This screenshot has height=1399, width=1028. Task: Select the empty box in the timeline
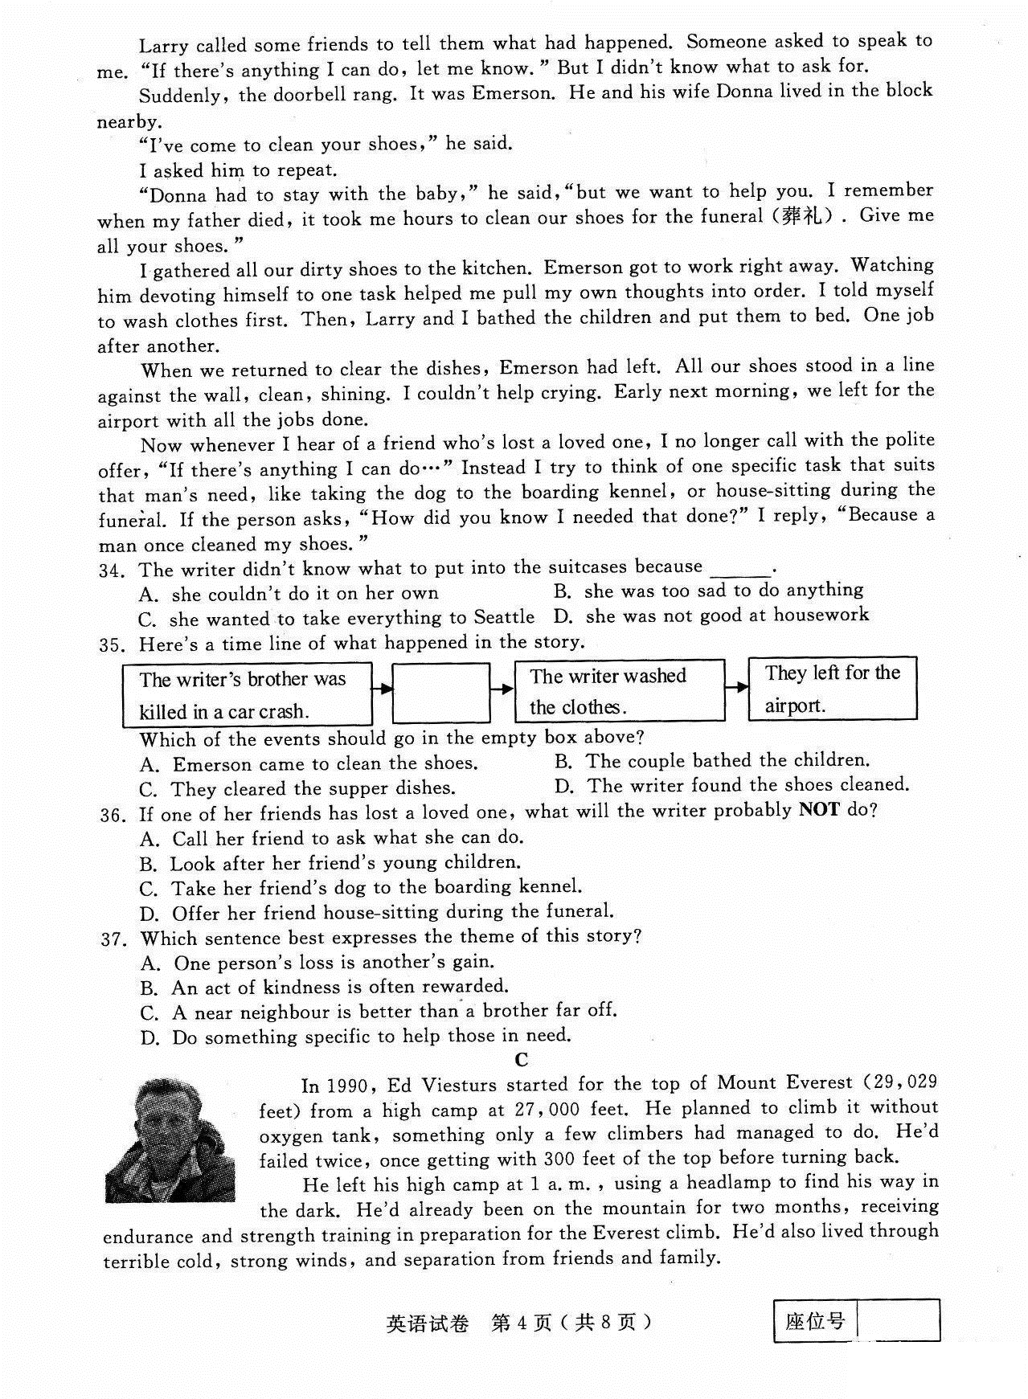click(x=441, y=692)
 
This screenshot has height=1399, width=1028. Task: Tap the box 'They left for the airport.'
click(x=832, y=688)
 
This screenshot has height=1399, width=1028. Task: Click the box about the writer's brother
click(x=247, y=694)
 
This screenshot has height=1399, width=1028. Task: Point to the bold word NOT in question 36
click(x=819, y=810)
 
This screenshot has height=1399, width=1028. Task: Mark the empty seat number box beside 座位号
click(x=898, y=1321)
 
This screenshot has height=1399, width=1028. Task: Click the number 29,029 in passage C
click(x=904, y=1083)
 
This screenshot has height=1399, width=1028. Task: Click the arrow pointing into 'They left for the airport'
click(x=735, y=688)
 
